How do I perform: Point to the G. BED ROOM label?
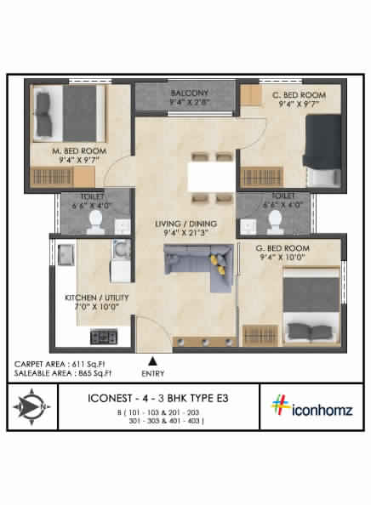point(283,248)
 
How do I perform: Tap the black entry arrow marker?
point(152,360)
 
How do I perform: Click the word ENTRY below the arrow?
point(152,372)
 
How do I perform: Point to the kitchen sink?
point(66,253)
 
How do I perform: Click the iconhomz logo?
point(311,406)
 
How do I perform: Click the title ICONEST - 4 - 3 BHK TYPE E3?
point(160,397)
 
